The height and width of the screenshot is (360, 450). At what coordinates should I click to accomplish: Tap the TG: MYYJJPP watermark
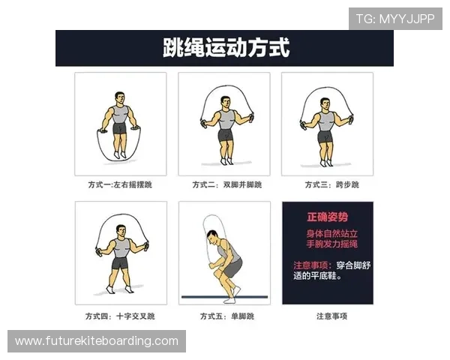click(x=395, y=19)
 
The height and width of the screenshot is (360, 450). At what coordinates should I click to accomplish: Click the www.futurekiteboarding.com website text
click(x=97, y=341)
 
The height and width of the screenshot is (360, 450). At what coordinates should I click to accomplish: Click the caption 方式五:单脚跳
click(x=223, y=316)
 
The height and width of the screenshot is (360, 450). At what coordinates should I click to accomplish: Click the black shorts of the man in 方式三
click(x=325, y=137)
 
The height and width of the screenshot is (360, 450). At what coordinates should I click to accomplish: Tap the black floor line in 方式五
click(x=224, y=297)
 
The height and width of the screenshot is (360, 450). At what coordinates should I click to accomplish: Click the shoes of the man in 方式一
click(x=119, y=154)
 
